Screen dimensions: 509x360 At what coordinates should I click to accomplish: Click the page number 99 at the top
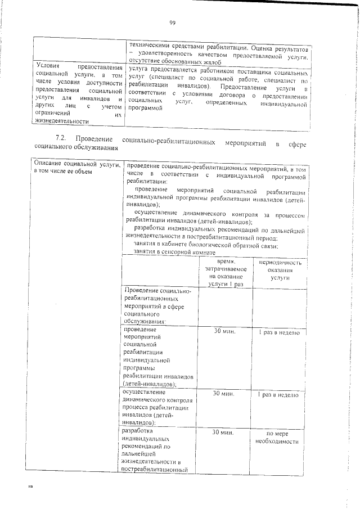tap(173, 22)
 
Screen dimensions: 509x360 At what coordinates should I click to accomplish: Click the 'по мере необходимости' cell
tap(280, 437)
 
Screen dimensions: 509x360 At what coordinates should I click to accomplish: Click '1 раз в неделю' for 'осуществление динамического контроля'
tap(280, 395)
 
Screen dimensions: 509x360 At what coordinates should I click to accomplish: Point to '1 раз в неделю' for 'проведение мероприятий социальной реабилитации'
tap(280, 332)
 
